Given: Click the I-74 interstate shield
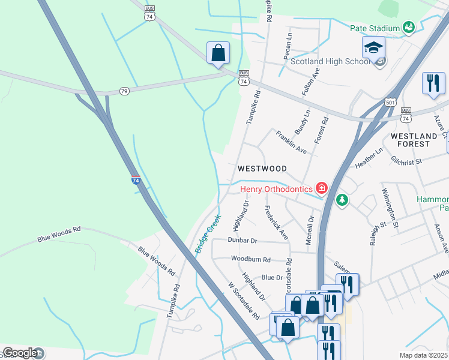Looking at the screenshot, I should point(136,179).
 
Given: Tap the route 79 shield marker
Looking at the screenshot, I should point(124,91).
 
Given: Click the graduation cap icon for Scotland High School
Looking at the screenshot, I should point(373,46).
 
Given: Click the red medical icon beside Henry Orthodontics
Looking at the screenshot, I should point(322,189).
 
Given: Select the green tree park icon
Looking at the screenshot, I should point(342,199).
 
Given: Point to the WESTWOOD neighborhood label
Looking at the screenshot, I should point(262,169).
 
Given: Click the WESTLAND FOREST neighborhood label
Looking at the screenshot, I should point(418,140).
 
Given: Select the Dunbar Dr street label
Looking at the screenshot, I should point(242,240).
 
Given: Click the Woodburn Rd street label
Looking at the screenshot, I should point(250,260).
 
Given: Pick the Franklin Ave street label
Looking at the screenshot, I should point(292,142).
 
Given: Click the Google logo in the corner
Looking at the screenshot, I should point(20,353).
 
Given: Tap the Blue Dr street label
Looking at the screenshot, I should point(271,278).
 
